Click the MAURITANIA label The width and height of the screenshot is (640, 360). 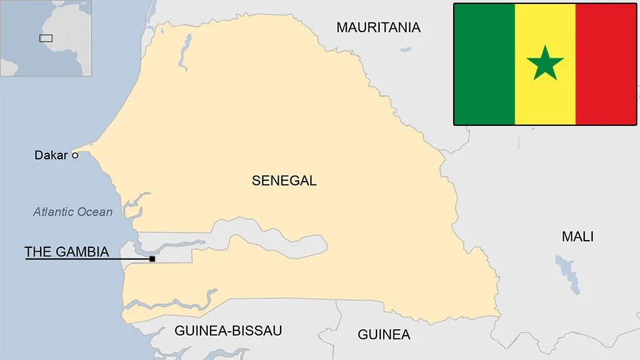coord(378,28)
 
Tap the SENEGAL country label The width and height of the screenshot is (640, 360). coord(284,181)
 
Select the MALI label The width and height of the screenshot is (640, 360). coord(577,237)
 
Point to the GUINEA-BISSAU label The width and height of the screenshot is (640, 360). coord(228,330)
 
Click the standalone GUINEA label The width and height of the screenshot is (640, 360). coord(384,334)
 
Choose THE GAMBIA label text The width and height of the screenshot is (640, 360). coord(66,252)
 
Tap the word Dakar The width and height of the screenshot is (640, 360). coord(51,155)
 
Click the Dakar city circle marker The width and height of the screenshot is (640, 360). coord(75,155)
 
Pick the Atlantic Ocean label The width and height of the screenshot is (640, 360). coord(73,212)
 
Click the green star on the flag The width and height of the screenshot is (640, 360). coord(545,64)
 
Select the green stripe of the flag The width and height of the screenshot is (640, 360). coord(484,64)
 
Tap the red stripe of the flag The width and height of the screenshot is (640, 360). coord(606,64)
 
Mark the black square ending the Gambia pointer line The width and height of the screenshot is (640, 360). coord(152,259)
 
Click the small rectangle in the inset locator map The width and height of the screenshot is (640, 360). coord(45,38)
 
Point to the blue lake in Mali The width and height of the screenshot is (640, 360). coord(568,272)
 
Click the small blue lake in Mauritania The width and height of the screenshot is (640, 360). coord(406,49)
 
